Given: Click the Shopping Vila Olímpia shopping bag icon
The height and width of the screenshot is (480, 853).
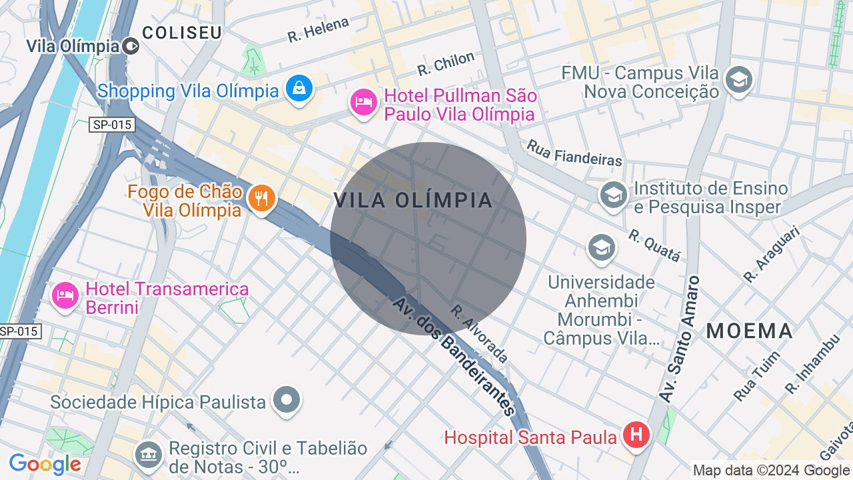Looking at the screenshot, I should (299, 88).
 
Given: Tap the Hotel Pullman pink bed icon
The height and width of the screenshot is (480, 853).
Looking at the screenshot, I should (364, 103).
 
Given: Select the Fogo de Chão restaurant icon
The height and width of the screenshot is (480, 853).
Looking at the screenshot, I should (262, 198).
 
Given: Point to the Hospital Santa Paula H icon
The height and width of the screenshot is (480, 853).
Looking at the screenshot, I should (636, 435).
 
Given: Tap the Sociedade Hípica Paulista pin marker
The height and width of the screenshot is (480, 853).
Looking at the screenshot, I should (287, 400).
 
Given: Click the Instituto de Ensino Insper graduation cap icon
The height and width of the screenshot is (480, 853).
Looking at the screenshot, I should (613, 195).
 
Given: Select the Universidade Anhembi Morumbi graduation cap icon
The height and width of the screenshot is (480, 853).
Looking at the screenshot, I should (601, 247).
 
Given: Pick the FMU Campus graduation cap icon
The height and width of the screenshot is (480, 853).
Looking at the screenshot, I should (738, 80).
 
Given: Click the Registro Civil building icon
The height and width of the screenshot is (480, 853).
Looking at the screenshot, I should (149, 455).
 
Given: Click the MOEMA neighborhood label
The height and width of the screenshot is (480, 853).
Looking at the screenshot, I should (750, 331).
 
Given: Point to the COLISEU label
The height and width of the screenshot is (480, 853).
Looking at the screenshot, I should (182, 33).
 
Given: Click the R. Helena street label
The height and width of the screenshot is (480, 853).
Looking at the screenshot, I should (318, 30).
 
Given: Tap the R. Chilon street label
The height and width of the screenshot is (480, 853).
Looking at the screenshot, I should (446, 63).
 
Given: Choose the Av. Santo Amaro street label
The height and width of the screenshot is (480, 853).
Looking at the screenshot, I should (680, 339).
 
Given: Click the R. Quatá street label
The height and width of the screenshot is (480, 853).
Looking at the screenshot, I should (654, 245).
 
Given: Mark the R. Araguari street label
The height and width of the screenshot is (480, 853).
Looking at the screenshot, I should (771, 253).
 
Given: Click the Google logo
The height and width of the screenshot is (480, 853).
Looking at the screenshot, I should (45, 465).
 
